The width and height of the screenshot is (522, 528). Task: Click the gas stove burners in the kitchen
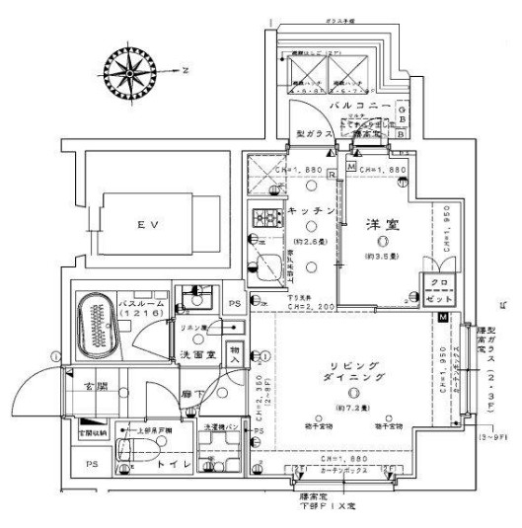click(x=268, y=220)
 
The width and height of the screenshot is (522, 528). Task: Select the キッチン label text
click(x=309, y=210)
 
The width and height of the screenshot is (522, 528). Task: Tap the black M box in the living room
click(x=443, y=317)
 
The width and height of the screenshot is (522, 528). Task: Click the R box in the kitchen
click(x=333, y=174)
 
